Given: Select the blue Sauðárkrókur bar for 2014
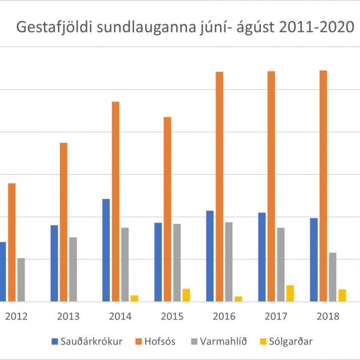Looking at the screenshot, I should [x=106, y=250].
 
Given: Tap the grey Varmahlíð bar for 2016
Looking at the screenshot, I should [x=229, y=262].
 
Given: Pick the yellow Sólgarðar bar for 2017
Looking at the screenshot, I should [x=290, y=293].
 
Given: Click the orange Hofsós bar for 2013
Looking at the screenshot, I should [x=64, y=222].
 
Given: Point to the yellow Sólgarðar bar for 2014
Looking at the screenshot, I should [x=134, y=298].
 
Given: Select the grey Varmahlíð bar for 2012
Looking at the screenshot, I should [x=21, y=280].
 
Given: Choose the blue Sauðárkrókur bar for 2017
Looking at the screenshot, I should [x=262, y=257].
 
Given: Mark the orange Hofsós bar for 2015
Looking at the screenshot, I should [x=167, y=209].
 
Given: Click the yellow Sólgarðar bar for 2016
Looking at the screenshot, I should [x=238, y=299].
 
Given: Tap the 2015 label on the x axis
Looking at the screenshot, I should [x=172, y=317].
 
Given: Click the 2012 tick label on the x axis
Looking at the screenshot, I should [x=16, y=317].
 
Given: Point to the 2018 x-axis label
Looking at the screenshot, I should [x=328, y=317].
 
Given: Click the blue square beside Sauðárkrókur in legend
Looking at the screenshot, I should [x=54, y=341].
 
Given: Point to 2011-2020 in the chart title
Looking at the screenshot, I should [x=307, y=27].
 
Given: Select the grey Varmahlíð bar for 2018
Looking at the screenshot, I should [x=333, y=277].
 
